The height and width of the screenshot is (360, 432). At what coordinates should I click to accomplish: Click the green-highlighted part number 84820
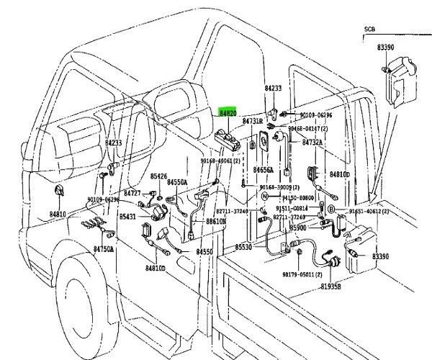228,113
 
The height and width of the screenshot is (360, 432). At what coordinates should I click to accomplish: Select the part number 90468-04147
308,128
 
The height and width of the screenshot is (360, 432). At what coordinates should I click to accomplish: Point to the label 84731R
253,121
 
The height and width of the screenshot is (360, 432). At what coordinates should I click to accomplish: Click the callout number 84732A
312,143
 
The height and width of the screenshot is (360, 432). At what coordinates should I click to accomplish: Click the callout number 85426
158,176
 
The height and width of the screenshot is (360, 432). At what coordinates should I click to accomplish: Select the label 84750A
103,248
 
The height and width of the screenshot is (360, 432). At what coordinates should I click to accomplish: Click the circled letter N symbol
265,196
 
